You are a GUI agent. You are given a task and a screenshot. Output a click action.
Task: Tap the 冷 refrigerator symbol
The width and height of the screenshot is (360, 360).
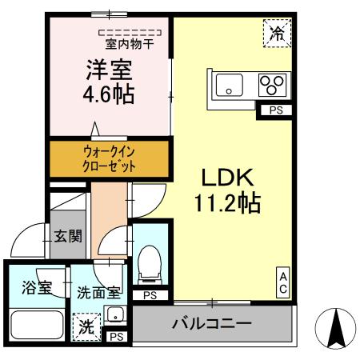point(278,34)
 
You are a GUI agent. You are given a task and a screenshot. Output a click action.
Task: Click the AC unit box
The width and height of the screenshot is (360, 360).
point(283,282)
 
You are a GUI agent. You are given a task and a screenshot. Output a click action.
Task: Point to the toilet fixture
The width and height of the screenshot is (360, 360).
point(148,265)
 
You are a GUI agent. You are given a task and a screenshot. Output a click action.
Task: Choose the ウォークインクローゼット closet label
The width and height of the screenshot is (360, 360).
point(110,158)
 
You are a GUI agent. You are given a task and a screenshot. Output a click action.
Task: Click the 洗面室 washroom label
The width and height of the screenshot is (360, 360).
point(99,293)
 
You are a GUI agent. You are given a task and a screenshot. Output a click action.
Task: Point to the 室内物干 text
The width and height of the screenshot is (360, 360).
point(131,45)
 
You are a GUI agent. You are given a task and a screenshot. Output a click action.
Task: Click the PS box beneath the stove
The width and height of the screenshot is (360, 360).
point(274,110)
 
